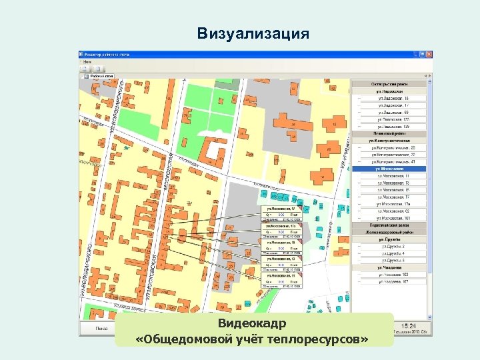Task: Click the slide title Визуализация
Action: pyautogui.click(x=253, y=33)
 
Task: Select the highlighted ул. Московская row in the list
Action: pyautogui.click(x=389, y=169)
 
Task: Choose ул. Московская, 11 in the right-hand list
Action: pyautogui.click(x=393, y=176)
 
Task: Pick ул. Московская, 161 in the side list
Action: pyautogui.click(x=394, y=218)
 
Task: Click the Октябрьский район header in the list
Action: pyautogui.click(x=389, y=84)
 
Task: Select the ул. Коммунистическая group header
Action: pyautogui.click(x=389, y=141)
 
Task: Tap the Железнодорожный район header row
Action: pyautogui.click(x=389, y=232)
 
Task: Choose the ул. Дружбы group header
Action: pyautogui.click(x=389, y=239)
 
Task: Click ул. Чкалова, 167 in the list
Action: pyautogui.click(x=393, y=281)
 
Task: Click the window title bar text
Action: pyautogui.click(x=107, y=53)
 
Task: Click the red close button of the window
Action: pyautogui.click(x=429, y=53)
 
